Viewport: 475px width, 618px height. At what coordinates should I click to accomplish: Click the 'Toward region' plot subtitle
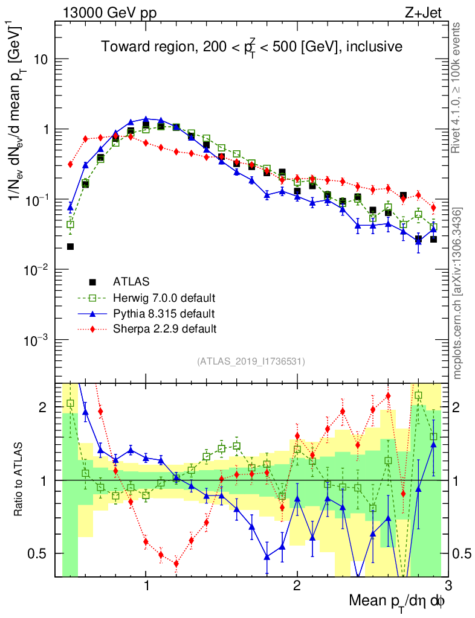tap(251, 47)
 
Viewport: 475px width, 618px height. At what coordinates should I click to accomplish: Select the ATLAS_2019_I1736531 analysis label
tap(251, 362)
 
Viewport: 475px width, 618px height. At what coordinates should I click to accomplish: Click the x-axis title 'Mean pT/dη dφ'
tap(397, 601)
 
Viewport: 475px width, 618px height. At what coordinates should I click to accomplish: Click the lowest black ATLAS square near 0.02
tap(70, 246)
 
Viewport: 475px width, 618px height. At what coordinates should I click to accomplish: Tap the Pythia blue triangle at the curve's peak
tap(146, 119)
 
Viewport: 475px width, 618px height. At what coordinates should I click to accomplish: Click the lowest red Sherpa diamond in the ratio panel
tap(176, 564)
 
